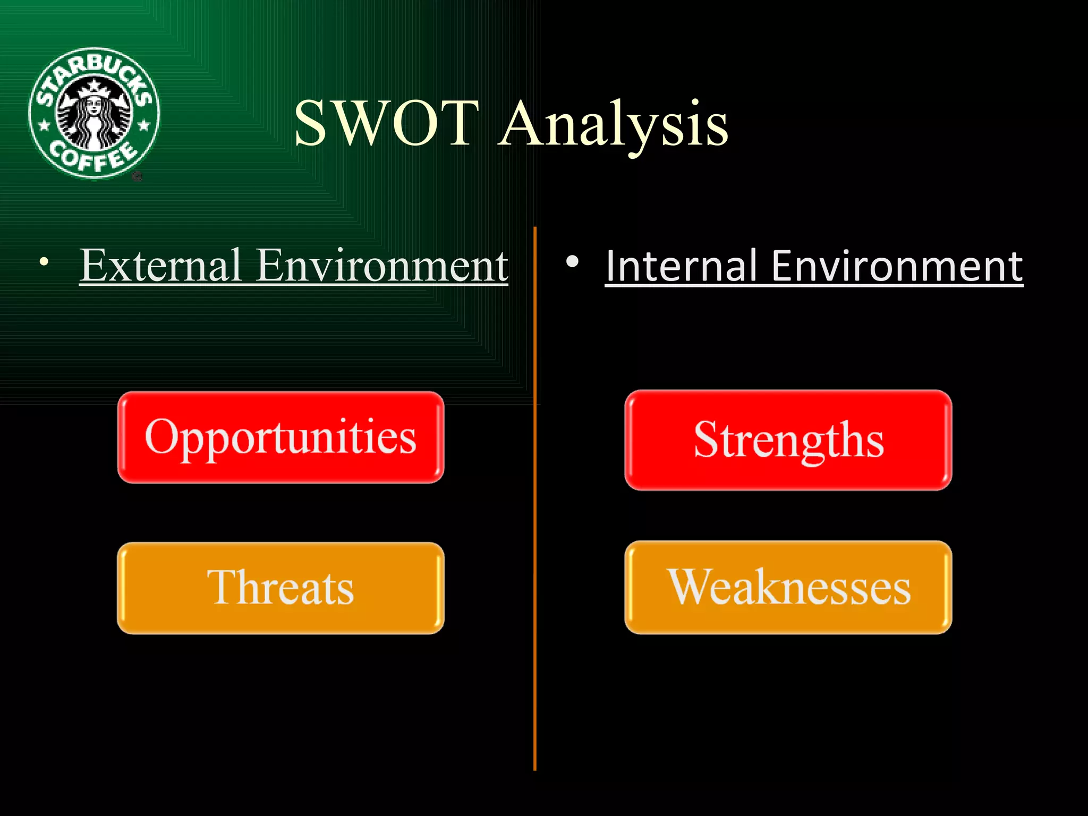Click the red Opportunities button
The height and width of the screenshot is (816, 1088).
tap(280, 437)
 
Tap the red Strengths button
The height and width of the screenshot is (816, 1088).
tap(788, 440)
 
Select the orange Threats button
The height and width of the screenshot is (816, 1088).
tap(280, 588)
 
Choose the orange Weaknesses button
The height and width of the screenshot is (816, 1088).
tap(788, 587)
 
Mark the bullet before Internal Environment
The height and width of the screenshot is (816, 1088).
tap(572, 261)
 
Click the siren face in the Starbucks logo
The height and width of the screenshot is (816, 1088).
tap(94, 106)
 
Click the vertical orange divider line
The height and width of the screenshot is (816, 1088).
tap(534, 531)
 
